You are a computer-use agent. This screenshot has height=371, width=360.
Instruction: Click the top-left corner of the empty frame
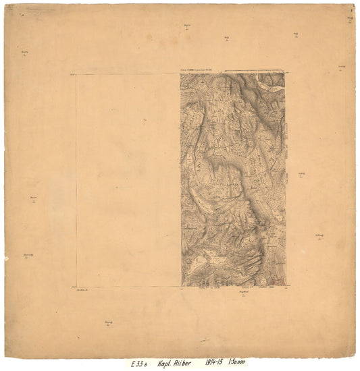pos(76,74)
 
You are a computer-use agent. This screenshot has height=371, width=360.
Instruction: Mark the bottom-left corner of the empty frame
pos(76,287)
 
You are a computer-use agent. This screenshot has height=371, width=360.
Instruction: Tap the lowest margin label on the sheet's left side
pos(28,255)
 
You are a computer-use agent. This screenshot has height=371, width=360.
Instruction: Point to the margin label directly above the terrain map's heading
pos(186,27)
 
